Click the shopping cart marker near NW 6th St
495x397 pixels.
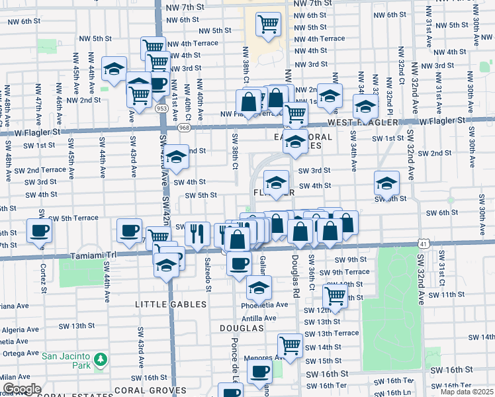269,24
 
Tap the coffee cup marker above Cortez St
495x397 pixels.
39,231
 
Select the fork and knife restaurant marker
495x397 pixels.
197,232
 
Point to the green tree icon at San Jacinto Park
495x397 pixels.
100,359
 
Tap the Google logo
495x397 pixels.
22,389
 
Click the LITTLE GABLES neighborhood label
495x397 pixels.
171,304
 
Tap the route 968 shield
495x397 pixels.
184,127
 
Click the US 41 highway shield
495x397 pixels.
422,244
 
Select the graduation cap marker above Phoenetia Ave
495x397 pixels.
259,287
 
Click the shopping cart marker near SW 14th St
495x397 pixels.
290,344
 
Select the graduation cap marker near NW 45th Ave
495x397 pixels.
114,69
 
